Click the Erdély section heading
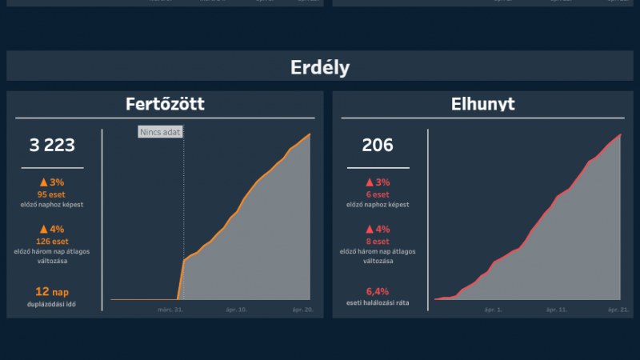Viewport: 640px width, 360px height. pyautogui.click(x=320, y=67)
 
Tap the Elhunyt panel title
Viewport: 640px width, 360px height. pyautogui.click(x=482, y=104)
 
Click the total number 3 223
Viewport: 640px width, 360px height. pyautogui.click(x=52, y=145)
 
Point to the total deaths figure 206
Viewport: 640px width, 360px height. pyautogui.click(x=378, y=145)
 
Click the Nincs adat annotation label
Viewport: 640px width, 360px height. pyautogui.click(x=160, y=132)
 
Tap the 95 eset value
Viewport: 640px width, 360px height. pyautogui.click(x=52, y=194)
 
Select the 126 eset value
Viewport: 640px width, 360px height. pyautogui.click(x=52, y=241)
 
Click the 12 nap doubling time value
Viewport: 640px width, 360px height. pyautogui.click(x=52, y=292)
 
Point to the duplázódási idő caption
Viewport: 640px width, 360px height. pyautogui.click(x=52, y=305)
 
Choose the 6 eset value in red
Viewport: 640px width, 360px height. pyautogui.click(x=378, y=194)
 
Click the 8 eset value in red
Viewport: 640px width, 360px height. pyautogui.click(x=378, y=241)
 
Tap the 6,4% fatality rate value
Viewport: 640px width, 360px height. pyautogui.click(x=378, y=291)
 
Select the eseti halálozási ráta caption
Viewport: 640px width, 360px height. pyautogui.click(x=378, y=304)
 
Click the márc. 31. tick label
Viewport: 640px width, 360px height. pyautogui.click(x=170, y=309)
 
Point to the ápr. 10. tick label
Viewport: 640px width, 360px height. pyautogui.click(x=237, y=309)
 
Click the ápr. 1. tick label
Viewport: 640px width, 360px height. pyautogui.click(x=493, y=309)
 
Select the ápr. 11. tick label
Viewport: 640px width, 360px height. pyautogui.click(x=557, y=309)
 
